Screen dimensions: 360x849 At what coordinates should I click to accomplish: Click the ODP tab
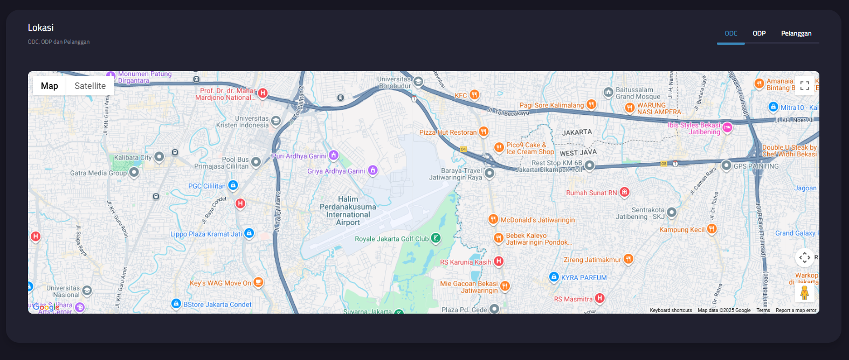[759, 33]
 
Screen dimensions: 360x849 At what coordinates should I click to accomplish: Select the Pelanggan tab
[796, 33]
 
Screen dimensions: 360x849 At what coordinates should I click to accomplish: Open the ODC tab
[731, 33]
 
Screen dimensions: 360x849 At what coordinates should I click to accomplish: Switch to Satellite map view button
[90, 86]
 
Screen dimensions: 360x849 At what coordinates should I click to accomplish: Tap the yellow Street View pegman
[804, 293]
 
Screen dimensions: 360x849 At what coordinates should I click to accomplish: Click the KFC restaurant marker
[474, 95]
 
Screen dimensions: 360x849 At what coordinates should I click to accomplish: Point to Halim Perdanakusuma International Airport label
[348, 211]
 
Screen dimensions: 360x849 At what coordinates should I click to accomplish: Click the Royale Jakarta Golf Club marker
[436, 238]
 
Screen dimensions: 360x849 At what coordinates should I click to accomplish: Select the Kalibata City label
[133, 158]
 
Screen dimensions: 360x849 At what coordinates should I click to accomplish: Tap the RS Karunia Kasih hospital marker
[499, 261]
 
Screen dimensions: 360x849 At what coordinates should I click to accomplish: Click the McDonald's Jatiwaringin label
[537, 220]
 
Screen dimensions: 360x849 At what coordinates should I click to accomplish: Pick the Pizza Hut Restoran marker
[484, 131]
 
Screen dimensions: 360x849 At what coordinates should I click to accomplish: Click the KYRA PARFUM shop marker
[554, 277]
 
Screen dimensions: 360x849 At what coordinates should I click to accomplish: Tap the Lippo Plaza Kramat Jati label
[206, 234]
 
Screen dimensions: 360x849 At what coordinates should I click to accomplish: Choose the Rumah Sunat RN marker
[624, 192]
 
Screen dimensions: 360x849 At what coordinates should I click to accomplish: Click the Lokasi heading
[41, 27]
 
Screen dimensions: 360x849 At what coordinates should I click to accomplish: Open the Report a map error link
[796, 310]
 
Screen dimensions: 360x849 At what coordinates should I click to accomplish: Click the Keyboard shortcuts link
[671, 310]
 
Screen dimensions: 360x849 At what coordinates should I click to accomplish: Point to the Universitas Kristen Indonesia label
[242, 122]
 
